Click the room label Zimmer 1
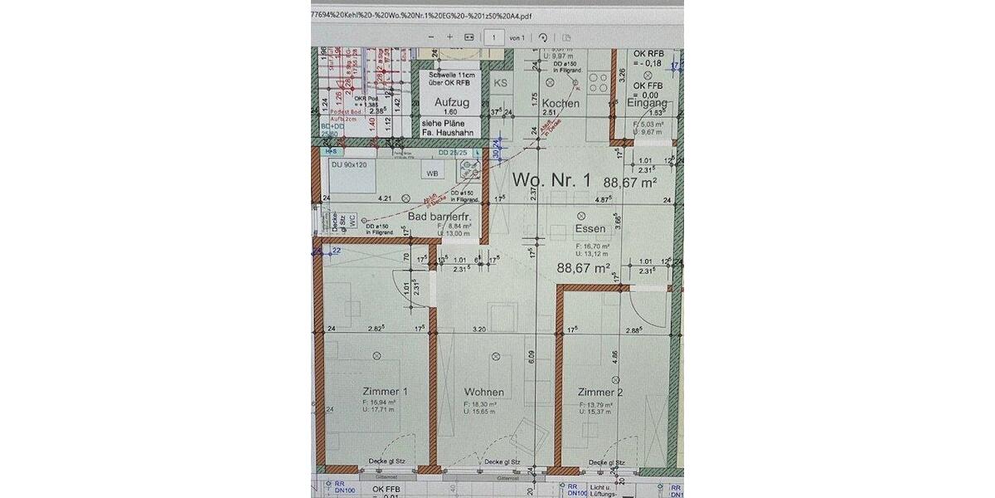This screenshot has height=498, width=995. [385, 392]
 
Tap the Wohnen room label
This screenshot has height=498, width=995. [484, 392]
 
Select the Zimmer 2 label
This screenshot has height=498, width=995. [601, 392]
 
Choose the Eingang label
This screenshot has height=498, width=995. [647, 103]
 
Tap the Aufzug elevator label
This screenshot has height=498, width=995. [452, 103]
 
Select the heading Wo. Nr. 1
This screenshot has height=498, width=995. [552, 180]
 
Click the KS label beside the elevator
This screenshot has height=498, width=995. [500, 83]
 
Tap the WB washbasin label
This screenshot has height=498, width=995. [432, 174]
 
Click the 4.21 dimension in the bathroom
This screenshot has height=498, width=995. [384, 199]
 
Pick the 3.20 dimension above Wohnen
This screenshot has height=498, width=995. [478, 330]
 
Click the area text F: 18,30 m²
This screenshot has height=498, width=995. [480, 404]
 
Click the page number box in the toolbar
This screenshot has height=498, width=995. [495, 37]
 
